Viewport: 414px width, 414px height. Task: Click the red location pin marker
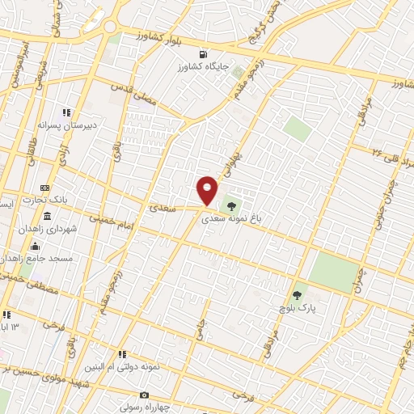point(207,190)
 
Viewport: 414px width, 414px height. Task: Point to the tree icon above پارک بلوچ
point(297,296)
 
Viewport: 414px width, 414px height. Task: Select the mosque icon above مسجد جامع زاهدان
point(34,247)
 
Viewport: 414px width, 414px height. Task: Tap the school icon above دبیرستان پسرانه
point(67,113)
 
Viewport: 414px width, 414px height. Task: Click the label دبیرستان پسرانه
point(60,126)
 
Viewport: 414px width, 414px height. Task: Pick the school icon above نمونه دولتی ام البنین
point(122,354)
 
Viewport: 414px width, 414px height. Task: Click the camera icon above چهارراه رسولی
point(144,395)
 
